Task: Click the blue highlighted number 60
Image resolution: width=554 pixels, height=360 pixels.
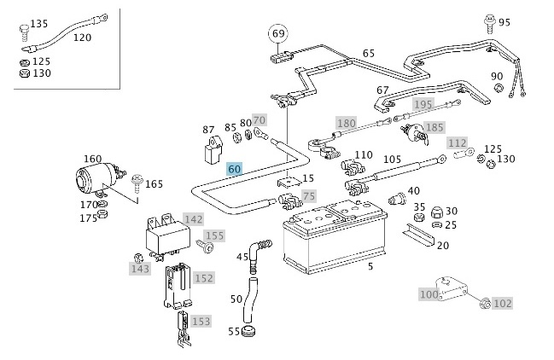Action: coord(234,170)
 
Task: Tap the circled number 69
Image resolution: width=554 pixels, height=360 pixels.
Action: coord(278,33)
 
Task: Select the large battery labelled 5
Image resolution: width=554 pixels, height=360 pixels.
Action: coord(335,237)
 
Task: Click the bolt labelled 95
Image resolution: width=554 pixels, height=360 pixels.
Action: coord(490,22)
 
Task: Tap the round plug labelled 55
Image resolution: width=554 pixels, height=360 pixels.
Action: coord(248,332)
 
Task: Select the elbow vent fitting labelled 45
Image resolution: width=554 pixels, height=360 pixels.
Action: coord(259,254)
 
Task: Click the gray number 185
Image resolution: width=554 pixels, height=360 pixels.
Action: coord(434,127)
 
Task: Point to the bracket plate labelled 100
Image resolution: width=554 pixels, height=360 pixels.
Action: coord(452,288)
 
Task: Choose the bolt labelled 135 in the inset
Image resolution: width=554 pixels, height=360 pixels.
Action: coord(25,33)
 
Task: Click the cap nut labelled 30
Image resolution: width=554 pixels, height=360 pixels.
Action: coord(437,212)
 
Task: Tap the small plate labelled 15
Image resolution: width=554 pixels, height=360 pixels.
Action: coord(289,182)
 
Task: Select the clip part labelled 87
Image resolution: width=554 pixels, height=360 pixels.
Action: coord(213,150)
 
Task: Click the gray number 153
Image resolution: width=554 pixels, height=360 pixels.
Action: coord(201,321)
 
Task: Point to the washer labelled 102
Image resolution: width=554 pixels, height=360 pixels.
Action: coord(485,303)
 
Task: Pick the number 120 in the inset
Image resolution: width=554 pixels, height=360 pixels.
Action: coord(82,38)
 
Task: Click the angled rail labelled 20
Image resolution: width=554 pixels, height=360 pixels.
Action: coord(418,235)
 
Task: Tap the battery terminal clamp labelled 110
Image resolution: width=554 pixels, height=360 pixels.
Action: coord(351,167)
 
